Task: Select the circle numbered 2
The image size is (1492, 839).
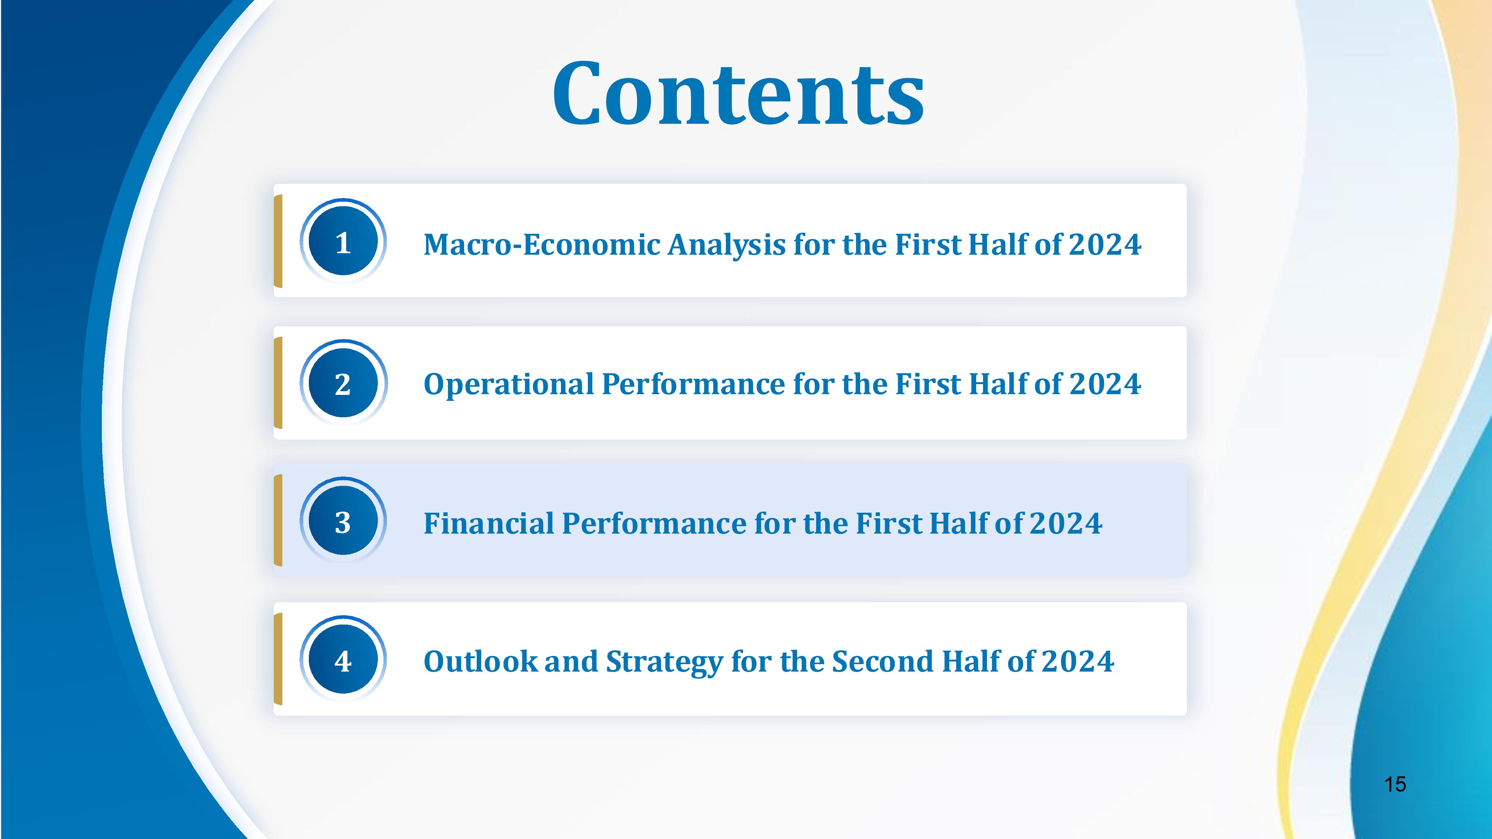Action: pyautogui.click(x=343, y=383)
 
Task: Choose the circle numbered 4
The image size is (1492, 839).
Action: pyautogui.click(x=343, y=659)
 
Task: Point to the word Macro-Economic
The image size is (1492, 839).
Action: pyautogui.click(x=542, y=244)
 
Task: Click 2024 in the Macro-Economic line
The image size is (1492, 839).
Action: pyautogui.click(x=1105, y=244)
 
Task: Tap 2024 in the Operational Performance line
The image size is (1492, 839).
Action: pyautogui.click(x=1105, y=384)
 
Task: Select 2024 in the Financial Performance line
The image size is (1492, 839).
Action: pyautogui.click(x=1066, y=524)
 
